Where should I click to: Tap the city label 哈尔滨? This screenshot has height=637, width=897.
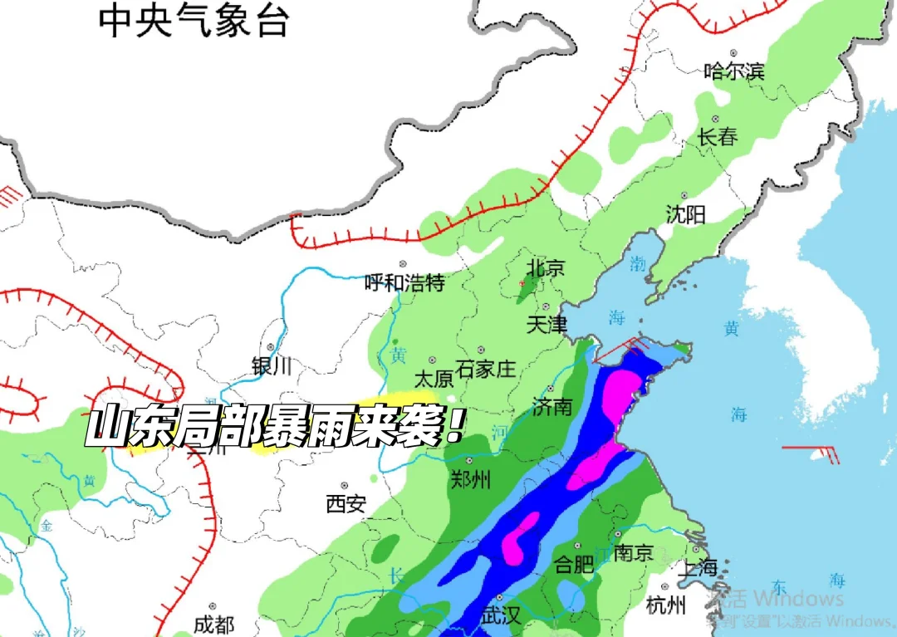click(733, 71)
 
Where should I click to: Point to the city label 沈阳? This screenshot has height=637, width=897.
click(685, 215)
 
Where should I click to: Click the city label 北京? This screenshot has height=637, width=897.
click(547, 268)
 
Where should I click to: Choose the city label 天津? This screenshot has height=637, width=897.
click(547, 324)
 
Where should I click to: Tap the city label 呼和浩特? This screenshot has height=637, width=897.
click(405, 283)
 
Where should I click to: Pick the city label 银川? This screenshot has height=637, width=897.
click(272, 365)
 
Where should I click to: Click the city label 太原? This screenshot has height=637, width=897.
click(434, 379)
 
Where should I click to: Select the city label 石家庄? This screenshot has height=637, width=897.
click(498, 369)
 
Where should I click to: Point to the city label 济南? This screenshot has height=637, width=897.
click(552, 407)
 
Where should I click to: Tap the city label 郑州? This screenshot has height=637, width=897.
click(469, 479)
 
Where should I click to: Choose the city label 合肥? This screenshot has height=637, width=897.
click(574, 566)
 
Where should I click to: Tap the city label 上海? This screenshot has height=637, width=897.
click(697, 568)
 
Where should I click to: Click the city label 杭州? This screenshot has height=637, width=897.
click(666, 605)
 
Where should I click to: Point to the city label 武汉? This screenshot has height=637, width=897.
click(500, 615)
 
